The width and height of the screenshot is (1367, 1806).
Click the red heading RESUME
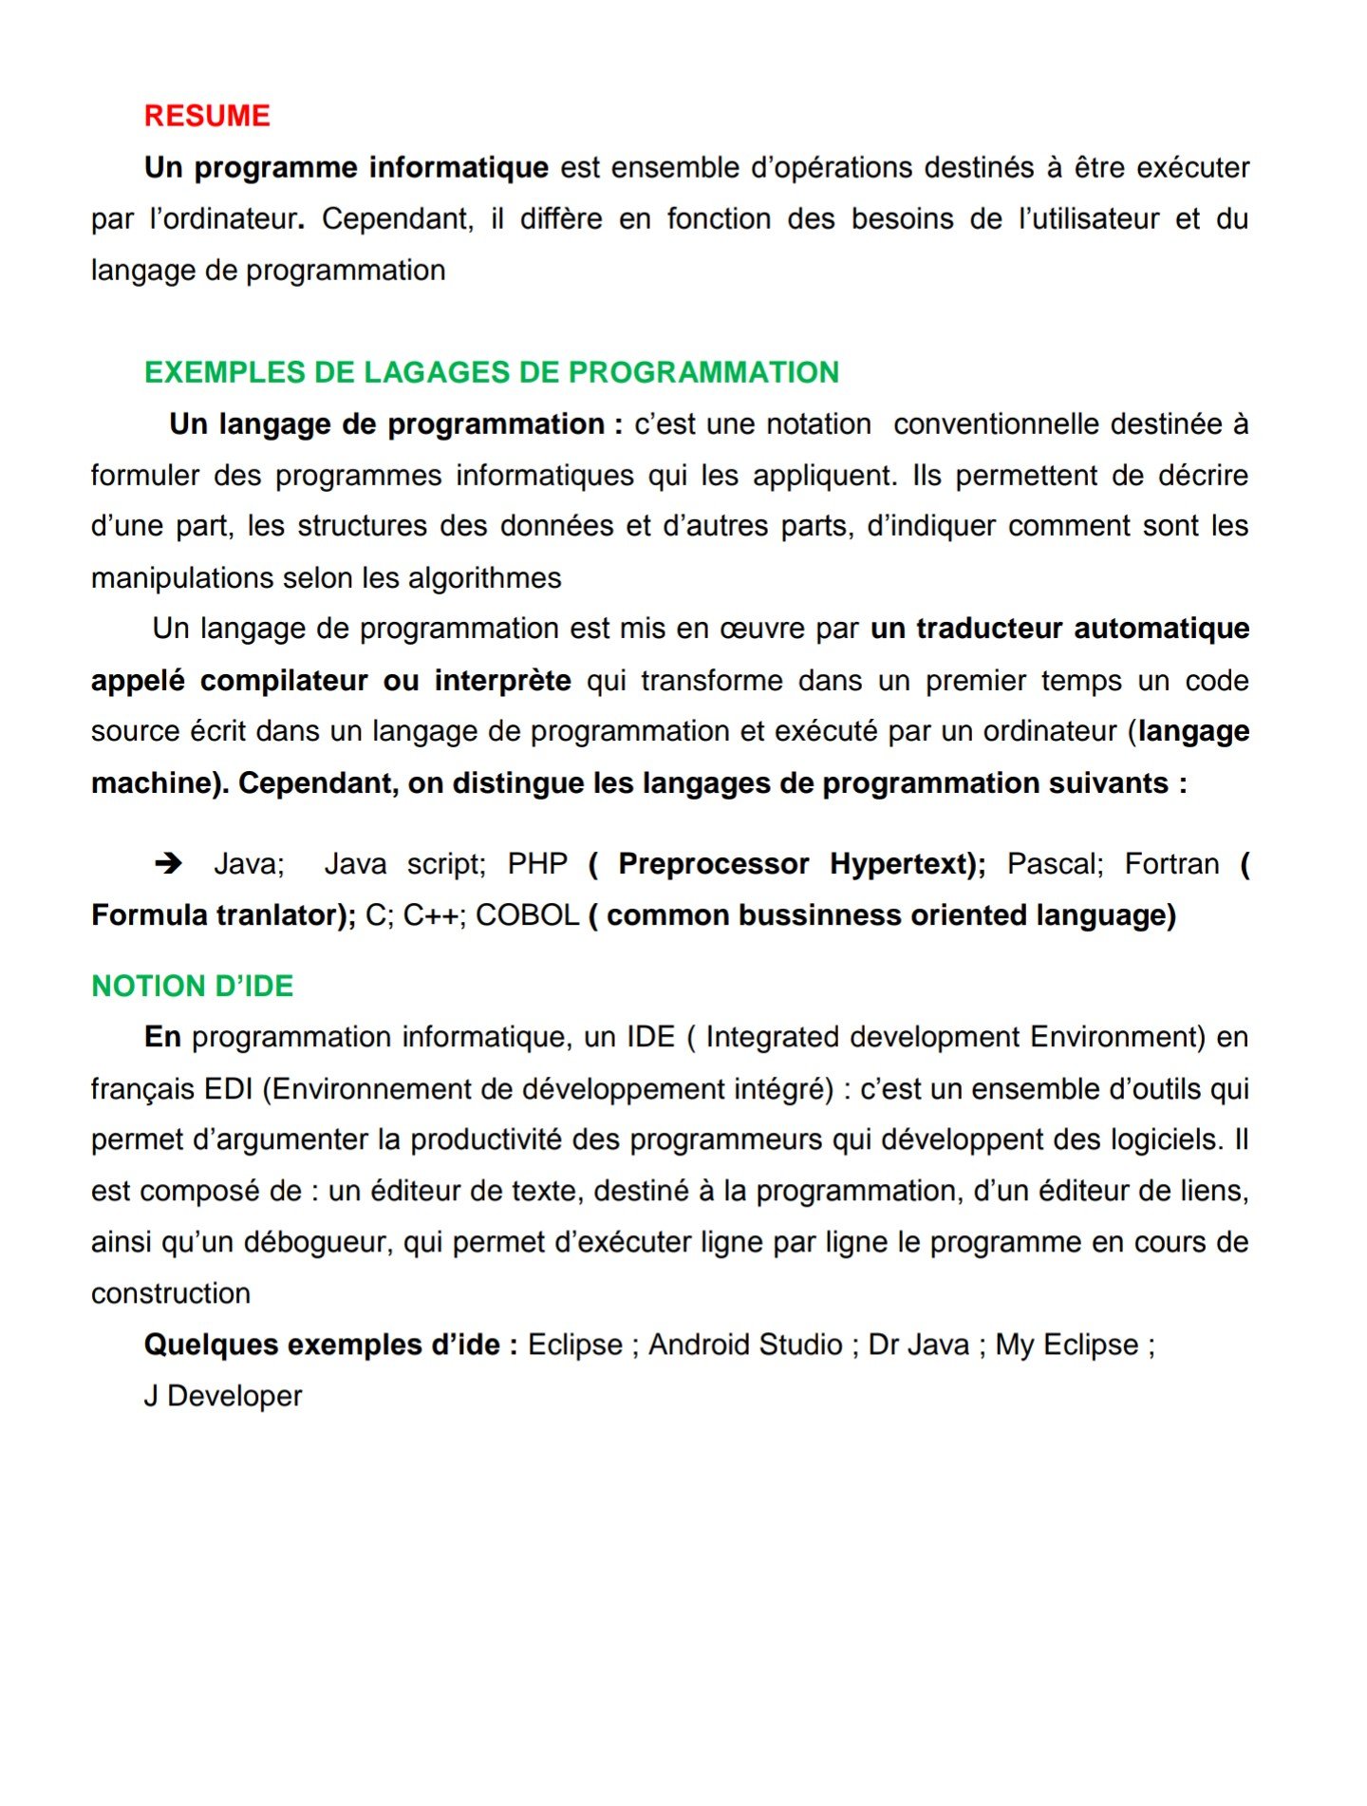click(207, 116)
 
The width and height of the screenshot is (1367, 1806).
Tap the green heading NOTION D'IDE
click(193, 987)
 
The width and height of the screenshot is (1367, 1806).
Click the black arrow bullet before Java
click(168, 863)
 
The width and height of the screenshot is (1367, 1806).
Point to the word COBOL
click(527, 915)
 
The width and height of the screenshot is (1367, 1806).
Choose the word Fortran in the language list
click(1171, 864)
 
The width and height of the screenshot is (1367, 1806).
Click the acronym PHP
click(537, 864)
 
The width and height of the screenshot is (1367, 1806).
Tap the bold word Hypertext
click(906, 864)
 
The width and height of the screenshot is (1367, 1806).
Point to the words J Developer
click(223, 1397)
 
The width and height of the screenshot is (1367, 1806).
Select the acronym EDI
click(228, 1089)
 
